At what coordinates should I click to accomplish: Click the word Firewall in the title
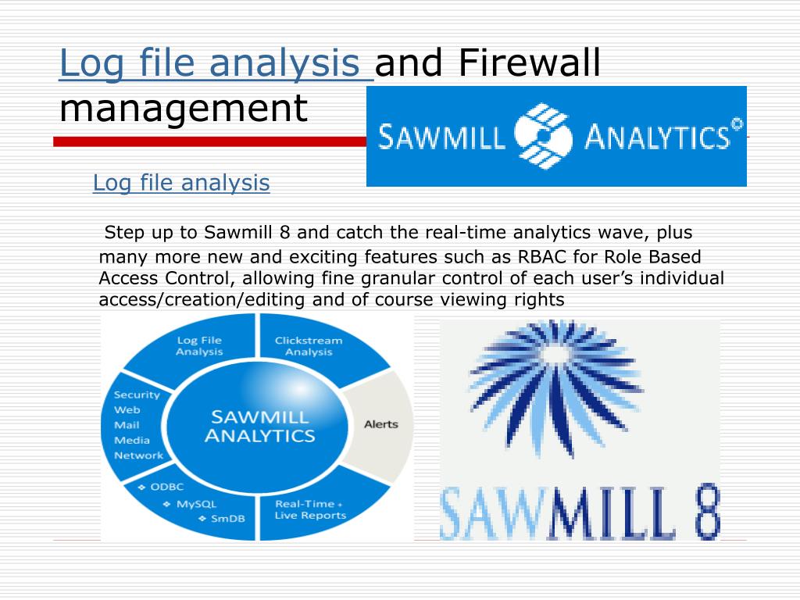click(529, 64)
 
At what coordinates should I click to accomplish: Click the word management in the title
click(184, 109)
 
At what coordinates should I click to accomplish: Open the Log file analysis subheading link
click(181, 184)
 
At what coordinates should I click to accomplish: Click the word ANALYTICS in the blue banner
click(656, 138)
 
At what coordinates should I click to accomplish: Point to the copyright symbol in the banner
click(736, 125)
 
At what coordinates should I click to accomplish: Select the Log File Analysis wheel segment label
click(199, 346)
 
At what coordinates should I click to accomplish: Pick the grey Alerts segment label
click(381, 424)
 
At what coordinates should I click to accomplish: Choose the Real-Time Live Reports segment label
click(309, 509)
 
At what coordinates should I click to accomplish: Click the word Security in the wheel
click(137, 395)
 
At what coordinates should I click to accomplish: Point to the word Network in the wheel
click(138, 455)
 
